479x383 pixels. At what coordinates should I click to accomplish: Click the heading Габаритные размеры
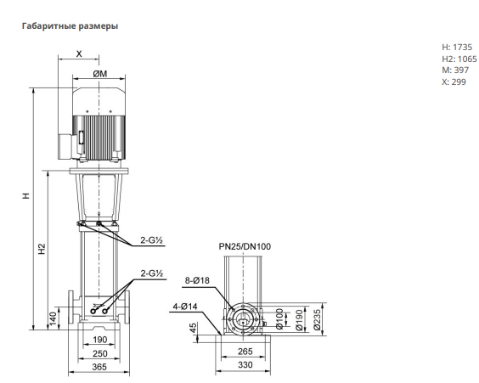(70, 26)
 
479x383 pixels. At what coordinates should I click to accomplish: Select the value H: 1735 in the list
(457, 47)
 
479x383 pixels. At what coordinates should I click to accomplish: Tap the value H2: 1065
(459, 59)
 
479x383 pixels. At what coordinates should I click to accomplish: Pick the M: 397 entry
(455, 70)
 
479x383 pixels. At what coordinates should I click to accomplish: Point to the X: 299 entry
(454, 82)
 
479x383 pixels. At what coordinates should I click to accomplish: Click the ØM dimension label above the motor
(100, 74)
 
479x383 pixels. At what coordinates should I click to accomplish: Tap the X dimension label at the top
(79, 54)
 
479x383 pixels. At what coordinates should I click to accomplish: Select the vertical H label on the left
(26, 195)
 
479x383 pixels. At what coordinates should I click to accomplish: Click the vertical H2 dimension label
(42, 249)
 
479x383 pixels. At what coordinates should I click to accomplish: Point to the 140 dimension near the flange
(53, 318)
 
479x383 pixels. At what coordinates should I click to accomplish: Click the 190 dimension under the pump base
(100, 340)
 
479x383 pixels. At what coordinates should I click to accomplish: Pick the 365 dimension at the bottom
(99, 367)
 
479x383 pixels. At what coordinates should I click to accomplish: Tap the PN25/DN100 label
(245, 246)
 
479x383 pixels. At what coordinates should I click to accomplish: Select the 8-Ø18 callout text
(197, 280)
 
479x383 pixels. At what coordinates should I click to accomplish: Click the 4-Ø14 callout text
(185, 307)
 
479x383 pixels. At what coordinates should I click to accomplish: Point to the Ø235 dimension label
(318, 320)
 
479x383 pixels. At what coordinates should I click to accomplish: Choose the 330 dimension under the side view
(245, 364)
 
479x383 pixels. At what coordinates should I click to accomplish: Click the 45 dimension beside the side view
(194, 328)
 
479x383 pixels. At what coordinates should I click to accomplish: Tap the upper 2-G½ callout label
(151, 240)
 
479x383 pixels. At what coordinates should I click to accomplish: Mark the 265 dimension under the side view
(245, 352)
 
